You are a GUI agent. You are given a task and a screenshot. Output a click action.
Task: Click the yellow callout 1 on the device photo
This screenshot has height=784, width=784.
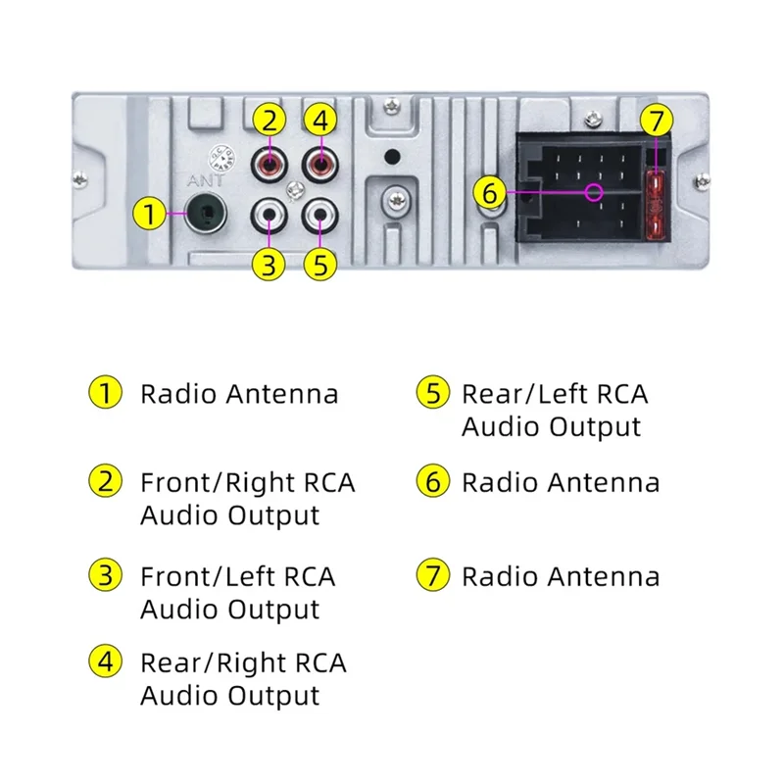(x=149, y=213)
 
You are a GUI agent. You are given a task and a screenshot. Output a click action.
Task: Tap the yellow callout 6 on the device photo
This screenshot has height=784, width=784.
(x=490, y=192)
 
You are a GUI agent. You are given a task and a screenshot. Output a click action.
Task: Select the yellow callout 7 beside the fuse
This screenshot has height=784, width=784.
(x=657, y=122)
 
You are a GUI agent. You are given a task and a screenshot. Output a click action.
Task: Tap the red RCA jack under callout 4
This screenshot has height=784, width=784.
(x=318, y=160)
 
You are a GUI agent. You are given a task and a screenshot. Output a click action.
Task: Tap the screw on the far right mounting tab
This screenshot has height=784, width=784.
(x=703, y=179)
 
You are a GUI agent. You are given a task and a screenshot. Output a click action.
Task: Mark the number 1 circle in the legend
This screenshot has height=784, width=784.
(x=104, y=394)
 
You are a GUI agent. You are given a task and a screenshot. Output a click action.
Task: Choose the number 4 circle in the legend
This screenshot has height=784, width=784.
(x=104, y=662)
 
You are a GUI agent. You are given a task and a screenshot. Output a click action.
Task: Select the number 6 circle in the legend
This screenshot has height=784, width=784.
(x=431, y=482)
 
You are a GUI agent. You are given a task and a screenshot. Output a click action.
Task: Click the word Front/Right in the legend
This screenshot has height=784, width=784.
(x=218, y=483)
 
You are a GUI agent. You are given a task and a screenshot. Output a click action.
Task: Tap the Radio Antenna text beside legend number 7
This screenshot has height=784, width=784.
(x=561, y=576)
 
